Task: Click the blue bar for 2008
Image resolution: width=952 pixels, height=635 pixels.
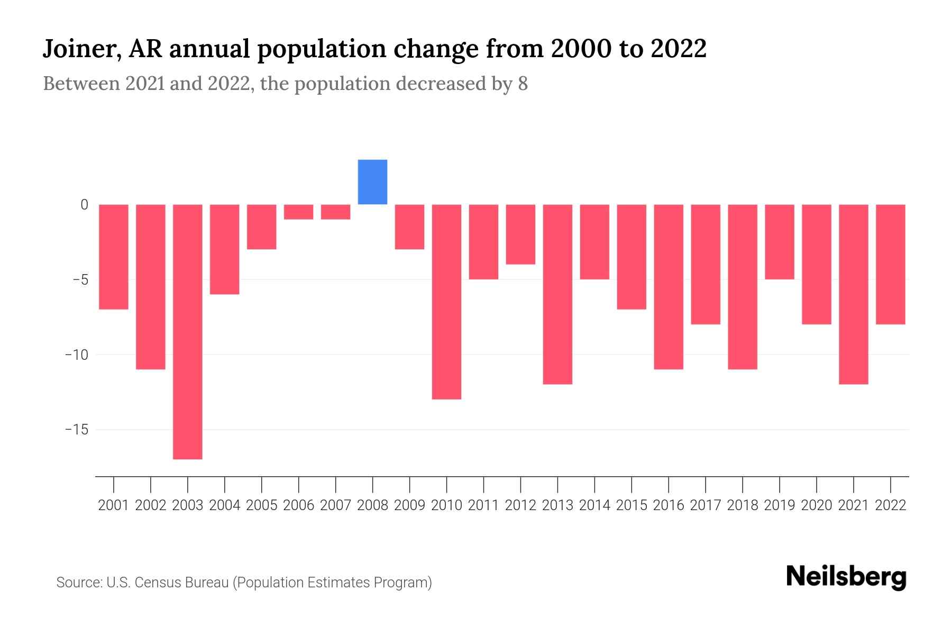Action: (372, 182)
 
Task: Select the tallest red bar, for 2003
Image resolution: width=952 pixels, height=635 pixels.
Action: (188, 332)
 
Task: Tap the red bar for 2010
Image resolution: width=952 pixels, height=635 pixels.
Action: (446, 302)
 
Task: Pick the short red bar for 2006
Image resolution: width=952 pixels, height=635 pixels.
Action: (299, 212)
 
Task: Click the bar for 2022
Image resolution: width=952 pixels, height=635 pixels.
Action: (891, 264)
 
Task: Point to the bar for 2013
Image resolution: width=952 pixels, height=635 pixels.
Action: (557, 294)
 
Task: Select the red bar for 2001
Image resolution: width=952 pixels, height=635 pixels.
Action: (114, 257)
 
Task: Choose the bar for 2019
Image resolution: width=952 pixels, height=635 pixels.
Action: (780, 242)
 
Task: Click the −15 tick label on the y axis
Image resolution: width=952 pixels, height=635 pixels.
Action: (76, 429)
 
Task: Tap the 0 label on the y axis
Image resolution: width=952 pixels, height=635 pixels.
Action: (84, 205)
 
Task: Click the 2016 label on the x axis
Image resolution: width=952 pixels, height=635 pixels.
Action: (669, 505)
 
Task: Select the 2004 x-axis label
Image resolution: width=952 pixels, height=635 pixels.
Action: (225, 505)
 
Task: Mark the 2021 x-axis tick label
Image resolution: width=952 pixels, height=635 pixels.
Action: (854, 505)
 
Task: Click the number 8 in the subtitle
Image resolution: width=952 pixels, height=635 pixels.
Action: (523, 84)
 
